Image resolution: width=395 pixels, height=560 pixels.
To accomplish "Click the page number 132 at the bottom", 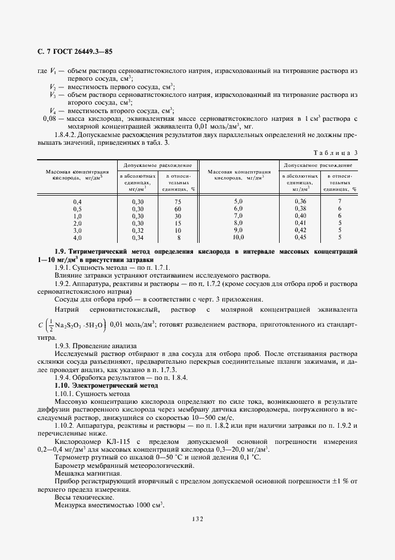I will point(198,519).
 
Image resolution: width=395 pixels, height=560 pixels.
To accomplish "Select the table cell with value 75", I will point(177,201).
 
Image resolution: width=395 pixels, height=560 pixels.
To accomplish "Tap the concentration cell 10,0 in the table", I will point(238,237).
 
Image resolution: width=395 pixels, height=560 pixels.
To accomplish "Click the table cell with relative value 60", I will point(177,208).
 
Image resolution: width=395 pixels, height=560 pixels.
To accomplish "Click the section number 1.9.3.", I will point(63,346).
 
